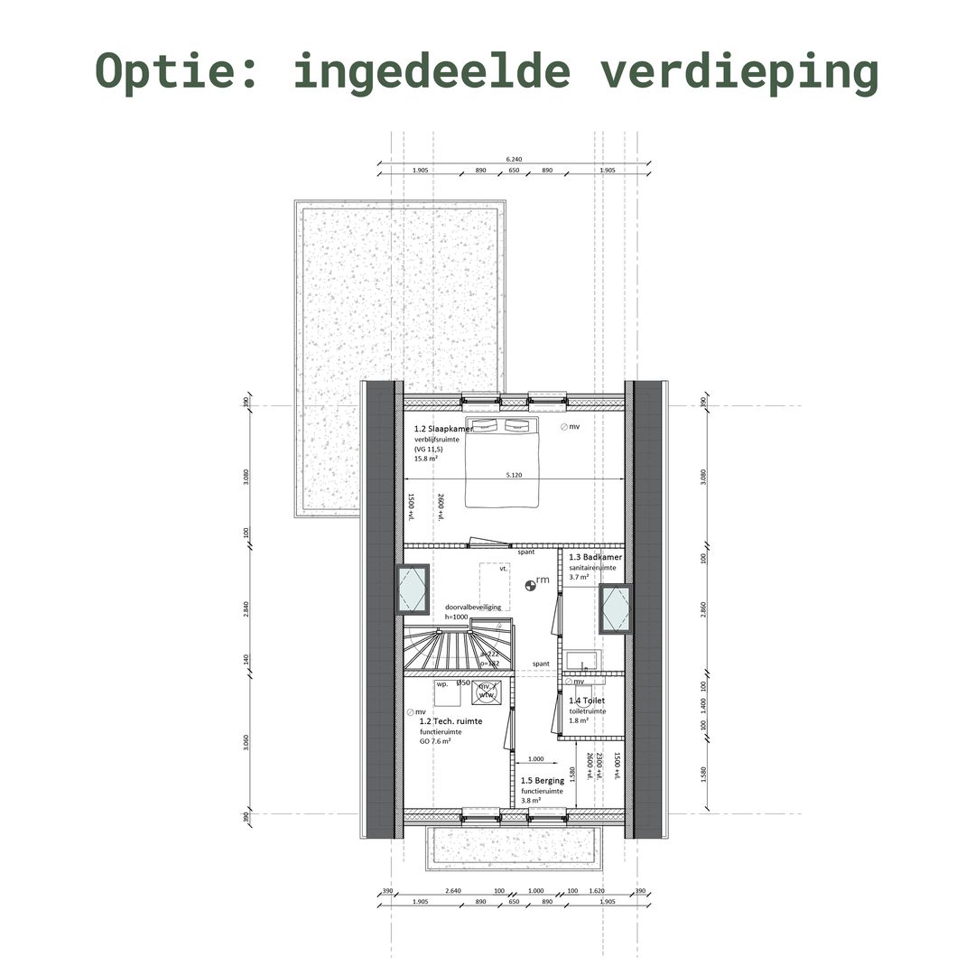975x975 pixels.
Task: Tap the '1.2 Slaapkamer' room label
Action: (x=443, y=429)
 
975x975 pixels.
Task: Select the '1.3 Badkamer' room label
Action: (x=595, y=557)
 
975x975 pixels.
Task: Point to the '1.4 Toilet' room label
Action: (x=587, y=701)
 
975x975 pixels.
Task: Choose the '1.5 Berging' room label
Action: (x=543, y=780)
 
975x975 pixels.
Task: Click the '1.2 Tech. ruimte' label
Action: (x=450, y=720)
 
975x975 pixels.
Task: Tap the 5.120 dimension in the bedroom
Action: (x=514, y=474)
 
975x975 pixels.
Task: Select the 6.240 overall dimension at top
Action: (x=513, y=160)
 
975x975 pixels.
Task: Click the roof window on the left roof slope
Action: (x=413, y=589)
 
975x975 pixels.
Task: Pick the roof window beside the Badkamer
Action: (x=616, y=608)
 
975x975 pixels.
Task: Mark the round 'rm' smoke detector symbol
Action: (x=531, y=584)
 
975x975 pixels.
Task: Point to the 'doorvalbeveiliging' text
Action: (x=472, y=608)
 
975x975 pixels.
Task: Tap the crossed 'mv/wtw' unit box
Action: (x=486, y=691)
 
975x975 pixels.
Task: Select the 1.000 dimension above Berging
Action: (x=535, y=759)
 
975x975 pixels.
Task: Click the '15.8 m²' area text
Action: (x=426, y=459)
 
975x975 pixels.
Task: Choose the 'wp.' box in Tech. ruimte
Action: (x=442, y=684)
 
